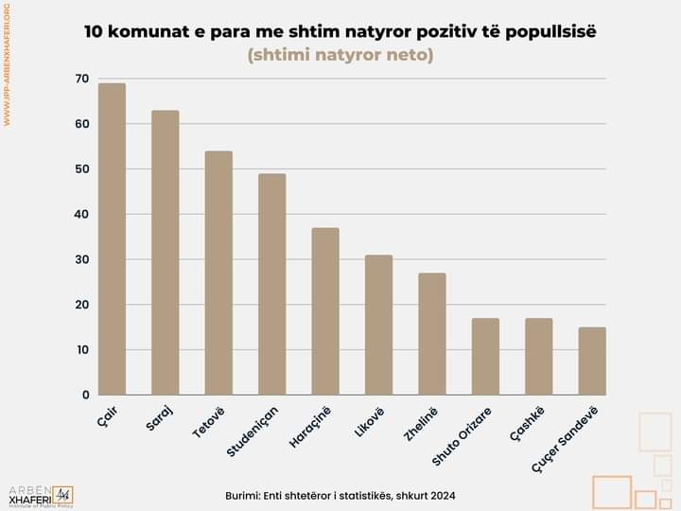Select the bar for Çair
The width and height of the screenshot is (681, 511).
(x=112, y=238)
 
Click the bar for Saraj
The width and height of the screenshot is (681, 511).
(x=166, y=253)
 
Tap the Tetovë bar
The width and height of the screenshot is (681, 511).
(x=218, y=273)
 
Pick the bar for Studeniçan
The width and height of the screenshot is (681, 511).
(x=272, y=284)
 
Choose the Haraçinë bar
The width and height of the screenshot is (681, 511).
(x=325, y=311)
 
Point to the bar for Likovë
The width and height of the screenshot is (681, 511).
(x=378, y=325)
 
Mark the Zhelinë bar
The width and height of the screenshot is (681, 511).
(x=432, y=334)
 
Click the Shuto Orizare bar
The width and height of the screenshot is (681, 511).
(x=485, y=357)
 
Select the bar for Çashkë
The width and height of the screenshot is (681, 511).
(x=539, y=357)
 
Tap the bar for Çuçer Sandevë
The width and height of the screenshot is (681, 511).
(x=592, y=361)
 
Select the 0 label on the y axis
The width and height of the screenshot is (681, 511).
(x=85, y=395)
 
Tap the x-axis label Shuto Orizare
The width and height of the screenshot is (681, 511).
(x=462, y=437)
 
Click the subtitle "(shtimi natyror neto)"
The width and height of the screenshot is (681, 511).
(x=340, y=56)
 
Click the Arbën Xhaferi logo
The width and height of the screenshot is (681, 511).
(x=40, y=495)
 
